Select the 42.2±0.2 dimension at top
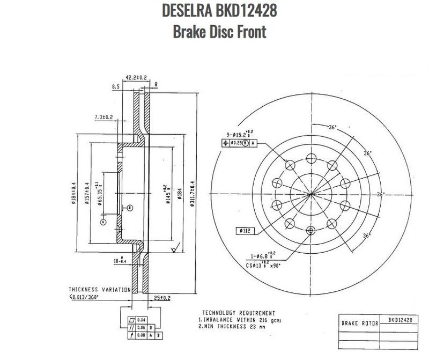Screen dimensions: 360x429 tap(136, 77)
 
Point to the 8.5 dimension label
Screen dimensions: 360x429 tap(115, 86)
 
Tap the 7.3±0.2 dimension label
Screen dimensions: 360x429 tap(103, 116)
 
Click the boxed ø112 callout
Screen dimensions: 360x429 tap(244, 231)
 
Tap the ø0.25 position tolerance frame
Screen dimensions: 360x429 tap(240, 143)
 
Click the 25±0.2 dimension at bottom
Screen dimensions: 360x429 tap(161, 297)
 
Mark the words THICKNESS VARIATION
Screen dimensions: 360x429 tap(99, 289)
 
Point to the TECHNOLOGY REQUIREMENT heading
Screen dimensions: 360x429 tap(239, 312)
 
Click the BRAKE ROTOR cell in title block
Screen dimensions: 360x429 tap(360, 324)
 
